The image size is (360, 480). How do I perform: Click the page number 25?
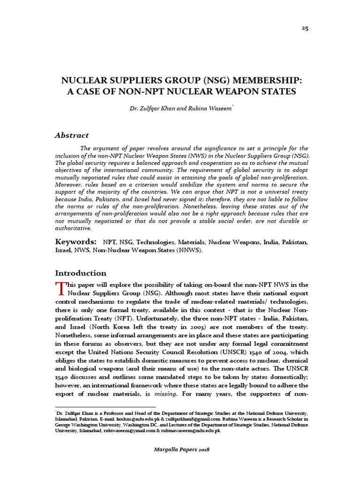(x=305, y=28)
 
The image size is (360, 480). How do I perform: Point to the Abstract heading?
(x=72, y=135)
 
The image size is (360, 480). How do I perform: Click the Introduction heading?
(x=81, y=273)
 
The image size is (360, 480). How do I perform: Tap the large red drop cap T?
(x=60, y=287)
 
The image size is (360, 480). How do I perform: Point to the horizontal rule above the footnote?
(x=105, y=407)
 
